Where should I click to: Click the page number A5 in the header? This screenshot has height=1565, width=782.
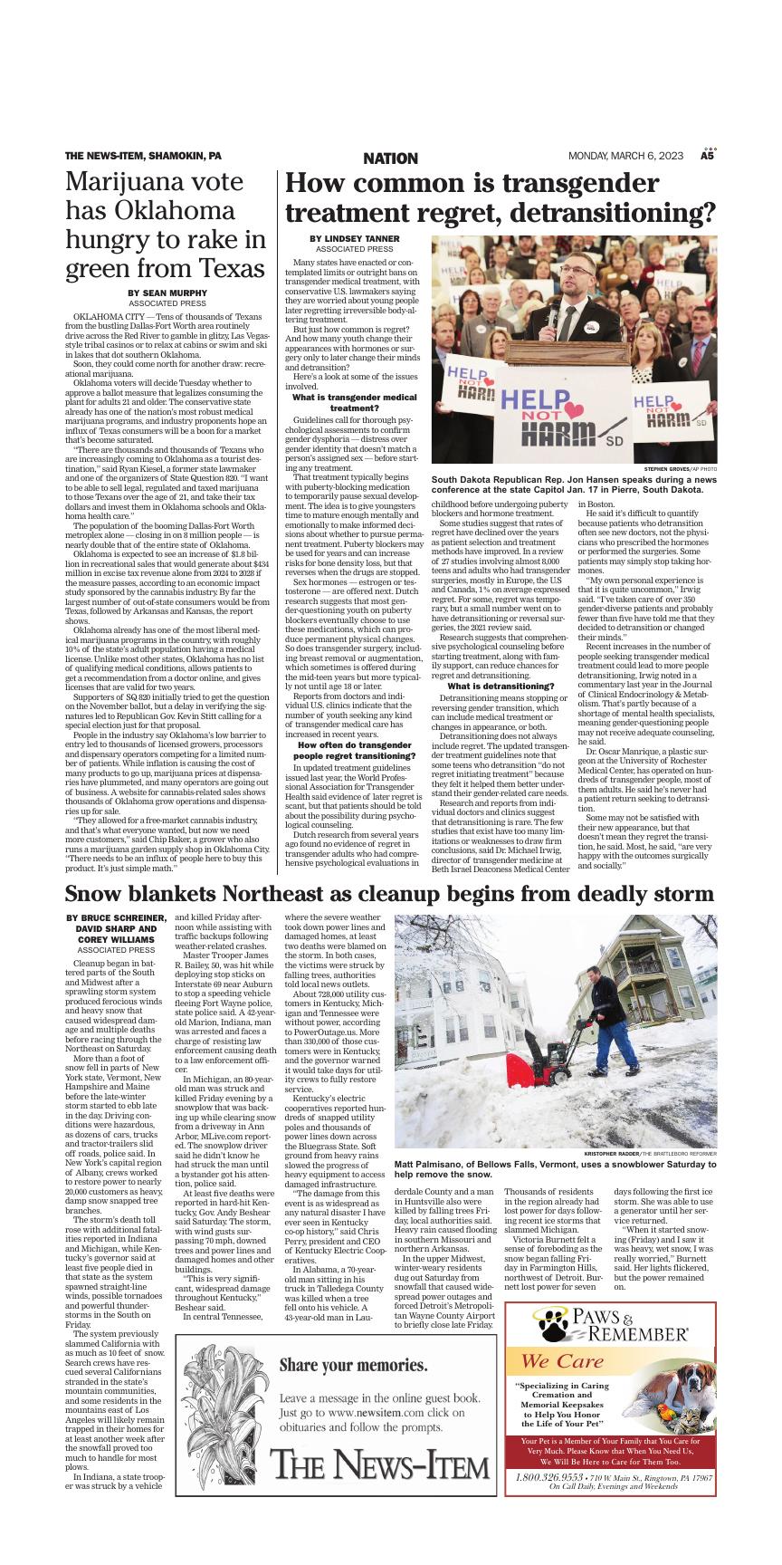coord(708,157)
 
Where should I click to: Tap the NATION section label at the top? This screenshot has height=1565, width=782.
coord(390,158)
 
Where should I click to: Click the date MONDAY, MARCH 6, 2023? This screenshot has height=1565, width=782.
coord(625,157)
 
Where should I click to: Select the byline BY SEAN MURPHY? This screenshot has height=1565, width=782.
coord(167,293)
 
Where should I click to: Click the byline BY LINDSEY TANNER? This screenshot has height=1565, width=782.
coord(354,238)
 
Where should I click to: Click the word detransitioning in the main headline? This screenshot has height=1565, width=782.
coord(605,214)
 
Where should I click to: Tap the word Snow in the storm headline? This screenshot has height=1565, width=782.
coord(94,895)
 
